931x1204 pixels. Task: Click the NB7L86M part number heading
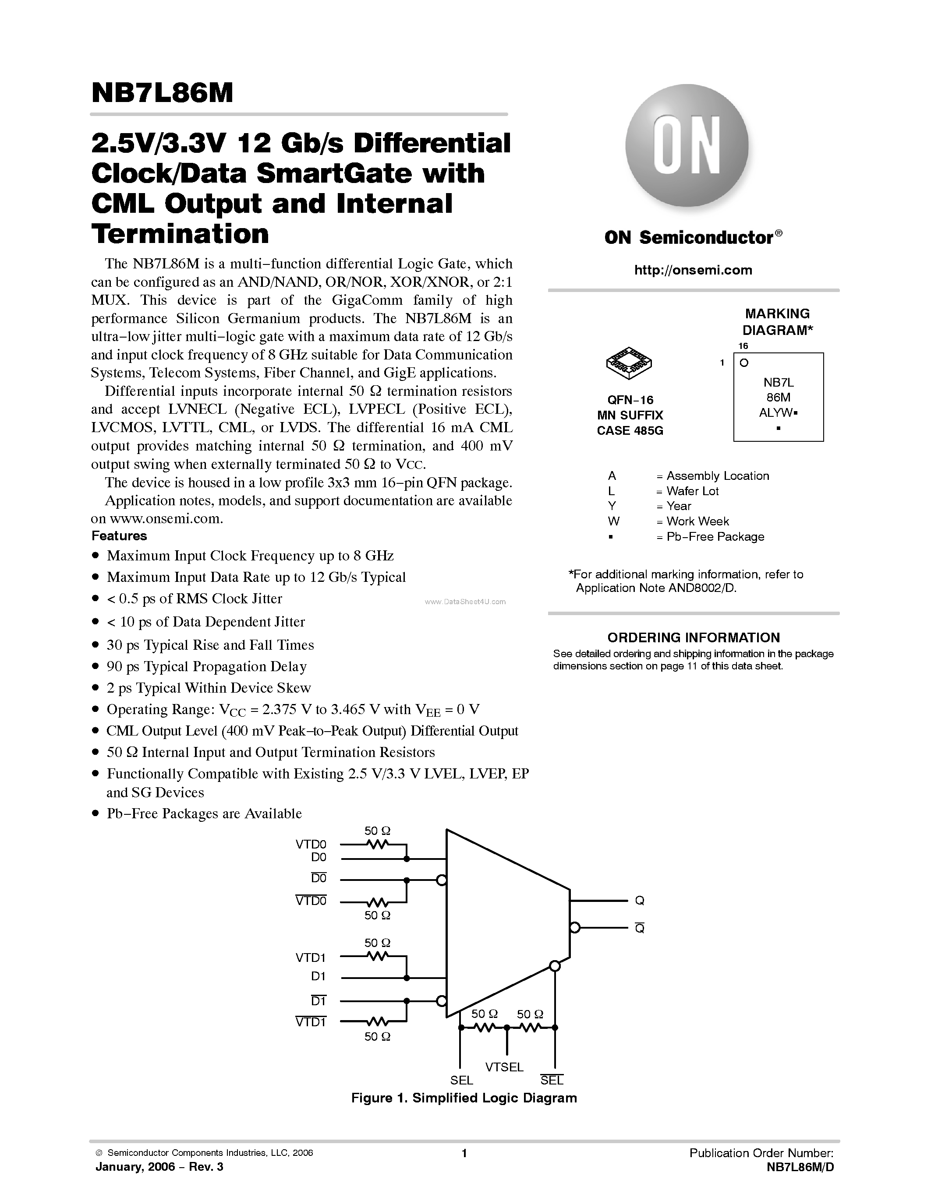pos(162,93)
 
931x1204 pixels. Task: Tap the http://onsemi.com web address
pos(693,270)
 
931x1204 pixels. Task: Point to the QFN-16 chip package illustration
pos(629,363)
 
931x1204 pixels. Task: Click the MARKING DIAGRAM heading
pos(777,322)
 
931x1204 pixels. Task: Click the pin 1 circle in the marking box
pos(744,363)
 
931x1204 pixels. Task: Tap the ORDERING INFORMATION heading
pos(693,637)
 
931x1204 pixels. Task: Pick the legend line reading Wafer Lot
pos(692,491)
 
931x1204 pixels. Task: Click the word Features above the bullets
pos(119,536)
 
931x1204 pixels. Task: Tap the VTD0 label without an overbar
pos(311,844)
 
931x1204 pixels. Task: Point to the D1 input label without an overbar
pos(318,976)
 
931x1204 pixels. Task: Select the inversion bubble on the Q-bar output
pos(575,928)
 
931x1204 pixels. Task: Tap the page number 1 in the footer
pos(464,1153)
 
